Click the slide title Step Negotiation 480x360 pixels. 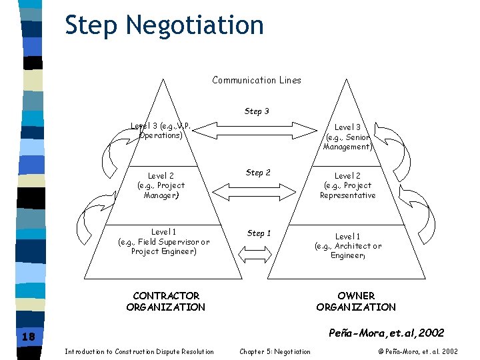point(164,25)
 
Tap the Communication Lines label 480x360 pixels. point(257,80)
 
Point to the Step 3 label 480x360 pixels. point(257,111)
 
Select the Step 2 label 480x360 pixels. point(258,173)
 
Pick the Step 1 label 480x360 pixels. point(259,233)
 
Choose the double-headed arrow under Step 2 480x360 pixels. point(257,192)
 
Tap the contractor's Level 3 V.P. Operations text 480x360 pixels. point(161,130)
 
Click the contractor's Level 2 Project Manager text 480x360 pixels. point(161,185)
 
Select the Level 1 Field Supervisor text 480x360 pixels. point(164,241)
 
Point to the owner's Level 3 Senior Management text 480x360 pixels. point(347,137)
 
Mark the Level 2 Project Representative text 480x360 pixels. point(347,185)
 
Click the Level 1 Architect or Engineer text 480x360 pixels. point(348,246)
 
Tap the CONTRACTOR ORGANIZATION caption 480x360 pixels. point(166,301)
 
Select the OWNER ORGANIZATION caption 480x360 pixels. point(356,301)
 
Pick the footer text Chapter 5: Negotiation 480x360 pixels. point(275,351)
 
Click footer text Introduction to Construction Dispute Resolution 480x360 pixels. point(139,351)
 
